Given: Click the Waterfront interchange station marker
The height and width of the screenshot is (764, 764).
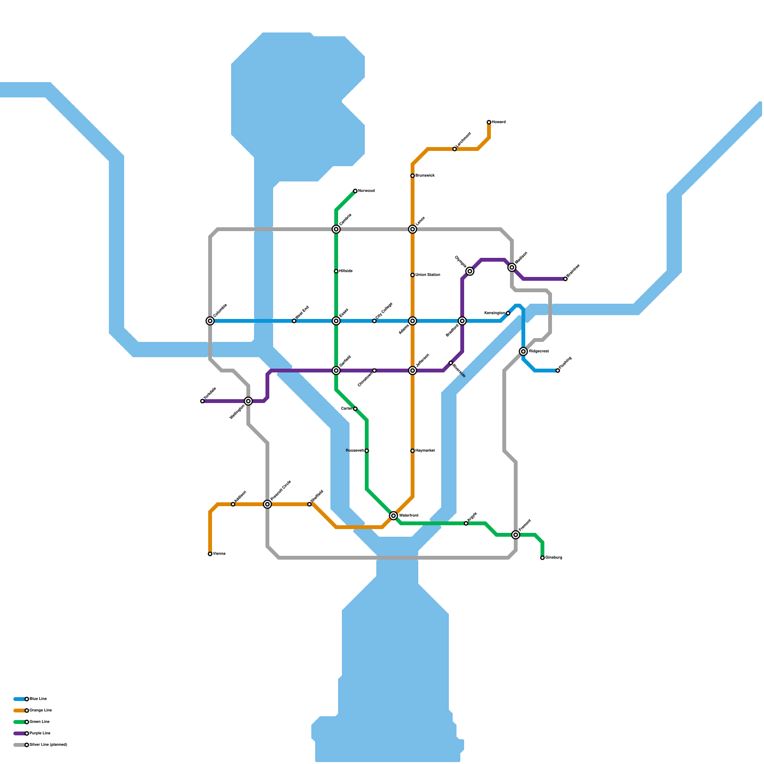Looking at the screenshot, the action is [x=393, y=516].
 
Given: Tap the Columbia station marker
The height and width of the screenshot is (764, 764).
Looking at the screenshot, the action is [x=210, y=321].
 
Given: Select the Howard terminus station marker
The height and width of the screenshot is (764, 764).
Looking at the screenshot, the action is [x=489, y=122].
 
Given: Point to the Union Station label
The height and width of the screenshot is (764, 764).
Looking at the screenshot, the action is [x=428, y=275].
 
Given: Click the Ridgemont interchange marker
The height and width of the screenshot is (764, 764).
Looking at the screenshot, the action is [x=523, y=351].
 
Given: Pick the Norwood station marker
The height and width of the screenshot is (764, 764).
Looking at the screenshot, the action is [x=355, y=191].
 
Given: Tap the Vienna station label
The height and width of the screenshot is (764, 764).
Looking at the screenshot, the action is [x=219, y=554].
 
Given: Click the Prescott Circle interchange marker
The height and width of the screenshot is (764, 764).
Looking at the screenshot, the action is [x=267, y=504].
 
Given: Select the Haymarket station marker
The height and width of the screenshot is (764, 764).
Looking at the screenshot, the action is [x=413, y=451].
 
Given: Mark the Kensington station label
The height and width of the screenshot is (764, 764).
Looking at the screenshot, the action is [x=494, y=313].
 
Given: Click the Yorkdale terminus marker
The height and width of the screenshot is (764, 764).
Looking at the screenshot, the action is [x=202, y=401].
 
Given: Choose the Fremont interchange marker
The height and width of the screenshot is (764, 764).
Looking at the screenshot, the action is [x=516, y=535].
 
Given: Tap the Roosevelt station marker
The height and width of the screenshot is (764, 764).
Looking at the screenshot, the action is [x=367, y=451].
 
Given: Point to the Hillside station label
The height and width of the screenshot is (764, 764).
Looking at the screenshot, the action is [x=346, y=271].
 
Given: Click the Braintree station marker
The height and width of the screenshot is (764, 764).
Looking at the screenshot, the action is [x=565, y=279].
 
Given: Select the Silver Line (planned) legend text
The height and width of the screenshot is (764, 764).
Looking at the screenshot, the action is [x=49, y=745].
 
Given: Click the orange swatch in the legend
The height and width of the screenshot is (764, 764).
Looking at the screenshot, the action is [x=19, y=711].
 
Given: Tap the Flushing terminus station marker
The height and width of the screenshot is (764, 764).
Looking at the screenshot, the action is [x=558, y=371].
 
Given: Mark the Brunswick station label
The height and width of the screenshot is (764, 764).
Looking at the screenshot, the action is [x=425, y=176].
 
